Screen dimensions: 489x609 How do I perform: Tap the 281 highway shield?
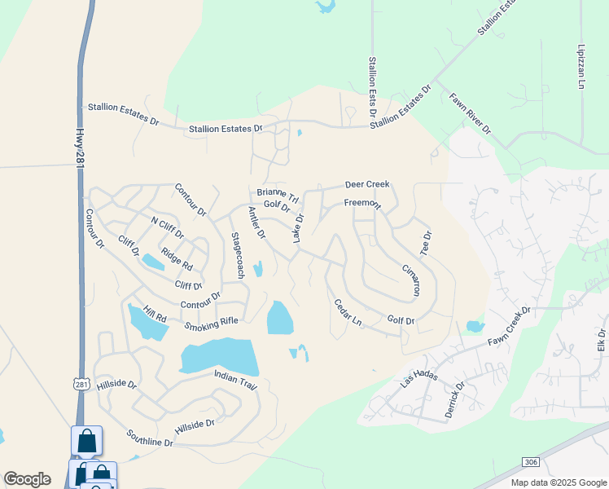(x=81, y=383)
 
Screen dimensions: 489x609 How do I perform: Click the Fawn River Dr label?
(x=471, y=113)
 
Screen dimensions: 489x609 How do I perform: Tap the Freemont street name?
(x=361, y=203)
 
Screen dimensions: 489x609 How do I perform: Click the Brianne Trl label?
(x=278, y=194)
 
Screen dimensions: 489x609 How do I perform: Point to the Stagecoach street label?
(x=237, y=256)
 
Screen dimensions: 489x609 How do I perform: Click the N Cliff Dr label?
(x=168, y=227)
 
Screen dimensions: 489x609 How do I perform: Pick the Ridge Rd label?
(x=177, y=259)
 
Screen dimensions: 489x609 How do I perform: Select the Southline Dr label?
(x=150, y=438)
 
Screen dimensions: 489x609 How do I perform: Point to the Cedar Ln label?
(x=348, y=314)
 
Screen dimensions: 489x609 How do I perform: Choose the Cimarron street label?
(x=411, y=280)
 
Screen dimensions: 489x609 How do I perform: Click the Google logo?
(x=27, y=479)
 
